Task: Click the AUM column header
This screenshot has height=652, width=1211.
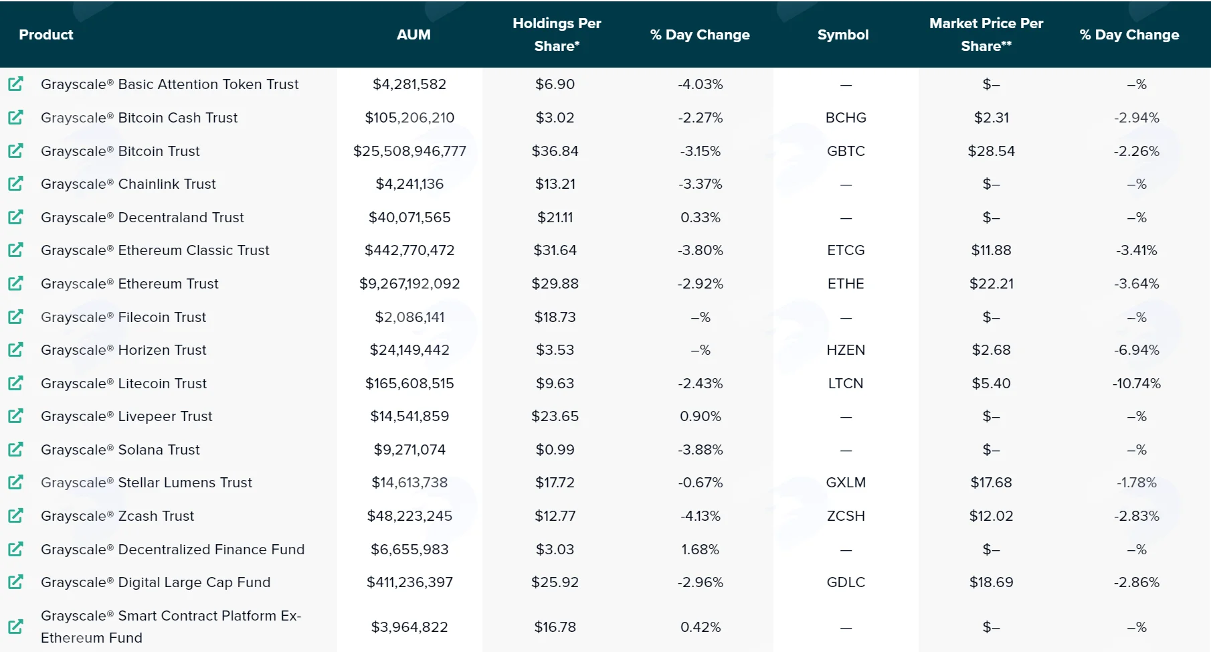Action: [x=413, y=35]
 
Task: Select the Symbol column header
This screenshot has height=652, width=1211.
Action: [x=843, y=35]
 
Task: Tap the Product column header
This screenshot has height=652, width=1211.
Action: [x=46, y=35]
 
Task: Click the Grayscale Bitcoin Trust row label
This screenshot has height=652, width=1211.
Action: [x=120, y=151]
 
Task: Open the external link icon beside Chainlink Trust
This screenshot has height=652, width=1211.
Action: [x=15, y=183]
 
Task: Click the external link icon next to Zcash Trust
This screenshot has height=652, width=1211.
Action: [x=15, y=515]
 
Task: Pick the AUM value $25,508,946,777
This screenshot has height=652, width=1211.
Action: [x=409, y=151]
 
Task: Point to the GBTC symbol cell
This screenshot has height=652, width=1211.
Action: [x=846, y=151]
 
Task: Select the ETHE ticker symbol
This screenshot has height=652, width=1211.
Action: [x=846, y=284]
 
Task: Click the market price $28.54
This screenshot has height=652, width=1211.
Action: [x=992, y=151]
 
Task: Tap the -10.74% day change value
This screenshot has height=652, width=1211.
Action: [x=1137, y=384]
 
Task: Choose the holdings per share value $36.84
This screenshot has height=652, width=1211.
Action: [x=555, y=151]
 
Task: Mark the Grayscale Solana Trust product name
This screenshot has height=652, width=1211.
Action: [x=120, y=450]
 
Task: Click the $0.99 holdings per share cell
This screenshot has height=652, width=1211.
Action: [x=555, y=450]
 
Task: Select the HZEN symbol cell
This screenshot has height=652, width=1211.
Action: [x=846, y=350]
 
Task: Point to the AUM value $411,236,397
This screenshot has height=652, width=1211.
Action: [x=409, y=582]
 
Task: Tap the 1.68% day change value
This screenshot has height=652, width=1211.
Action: [x=701, y=550]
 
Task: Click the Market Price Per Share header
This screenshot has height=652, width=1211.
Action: [x=986, y=35]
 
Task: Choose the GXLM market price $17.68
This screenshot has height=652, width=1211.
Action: [x=992, y=483]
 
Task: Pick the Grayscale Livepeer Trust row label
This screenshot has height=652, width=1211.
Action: [x=126, y=416]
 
